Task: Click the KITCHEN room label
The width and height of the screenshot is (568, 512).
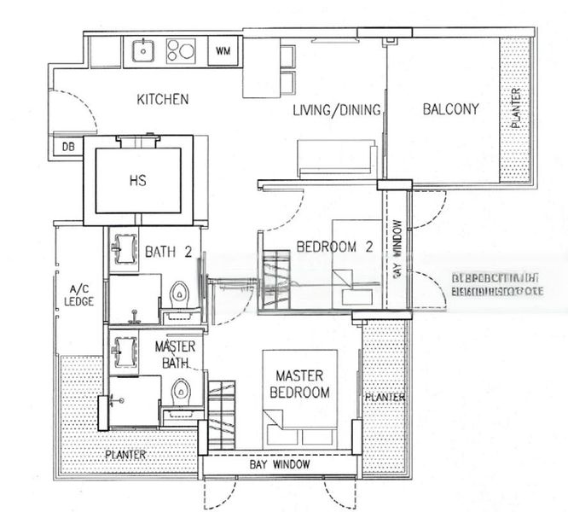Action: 162,100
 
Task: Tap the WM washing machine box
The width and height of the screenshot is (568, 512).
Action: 223,51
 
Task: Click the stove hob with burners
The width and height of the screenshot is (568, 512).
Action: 181,51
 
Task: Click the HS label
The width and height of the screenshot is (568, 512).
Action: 137,181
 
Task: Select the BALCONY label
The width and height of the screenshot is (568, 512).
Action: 450,108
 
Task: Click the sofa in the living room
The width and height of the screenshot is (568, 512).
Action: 335,158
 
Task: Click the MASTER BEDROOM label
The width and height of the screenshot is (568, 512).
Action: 299,384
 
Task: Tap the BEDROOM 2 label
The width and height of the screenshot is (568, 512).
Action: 335,247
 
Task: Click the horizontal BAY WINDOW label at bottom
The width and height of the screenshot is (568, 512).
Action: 280,465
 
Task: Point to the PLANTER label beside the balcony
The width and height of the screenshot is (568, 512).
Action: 515,108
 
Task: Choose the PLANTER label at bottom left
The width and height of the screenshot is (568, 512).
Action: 126,454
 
